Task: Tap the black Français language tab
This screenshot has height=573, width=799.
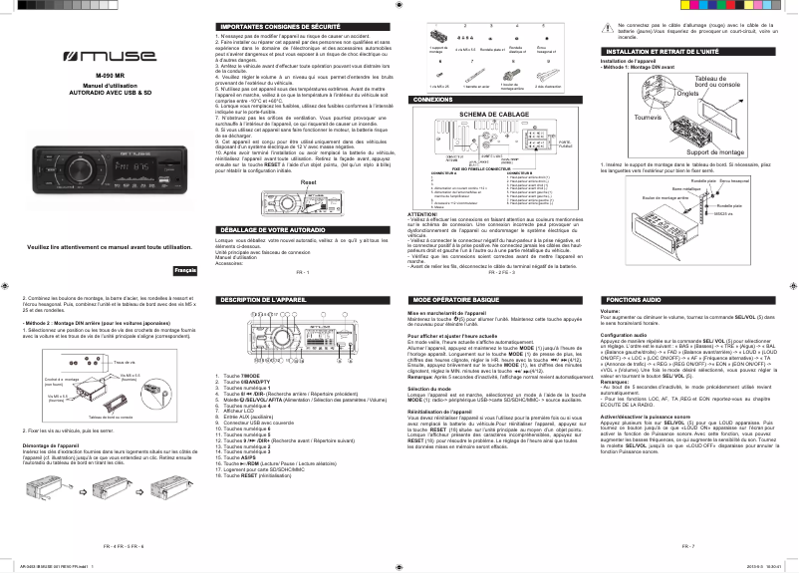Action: pyautogui.click(x=184, y=244)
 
